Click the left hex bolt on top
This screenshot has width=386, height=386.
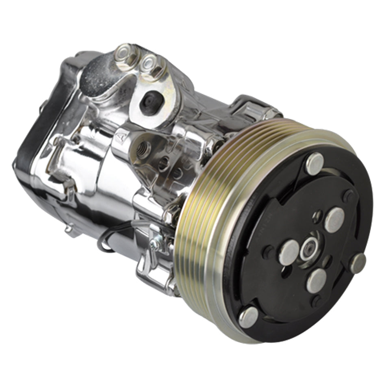pos(125,55)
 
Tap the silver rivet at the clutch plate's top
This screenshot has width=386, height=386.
pos(315,163)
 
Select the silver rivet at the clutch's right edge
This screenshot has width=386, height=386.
pos(358,263)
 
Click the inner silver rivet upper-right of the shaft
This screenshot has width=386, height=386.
pos(334,220)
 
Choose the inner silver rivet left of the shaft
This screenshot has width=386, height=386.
pos(289,252)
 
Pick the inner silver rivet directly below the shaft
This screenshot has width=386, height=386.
pos(316,281)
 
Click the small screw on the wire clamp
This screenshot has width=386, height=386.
pos(154,244)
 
